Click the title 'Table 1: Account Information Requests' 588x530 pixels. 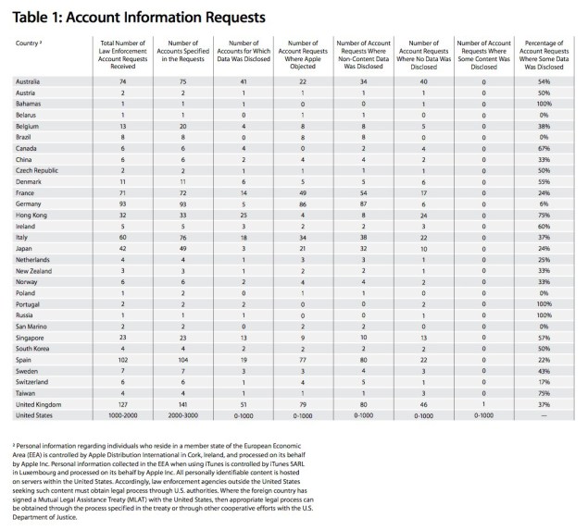point(140,18)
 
